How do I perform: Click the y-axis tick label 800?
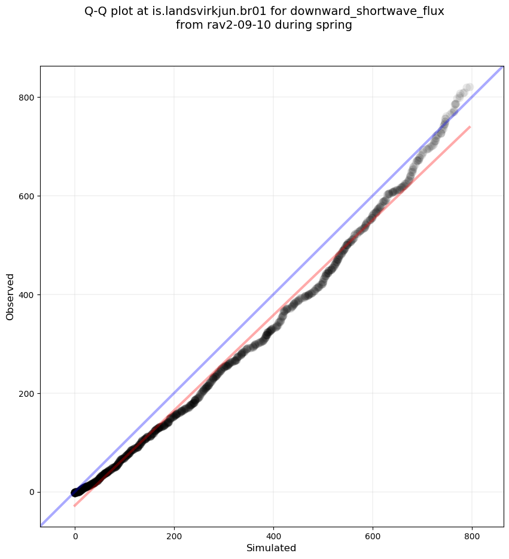(26, 97)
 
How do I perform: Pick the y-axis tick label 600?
(26, 196)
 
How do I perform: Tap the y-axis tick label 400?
(26, 294)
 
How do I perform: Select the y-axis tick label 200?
(26, 393)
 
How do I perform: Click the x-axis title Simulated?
(272, 548)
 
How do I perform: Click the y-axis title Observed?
(10, 296)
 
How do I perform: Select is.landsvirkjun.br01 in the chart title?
(209, 11)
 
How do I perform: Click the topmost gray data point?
(468, 88)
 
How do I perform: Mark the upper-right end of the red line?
(470, 127)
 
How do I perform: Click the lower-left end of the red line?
(75, 506)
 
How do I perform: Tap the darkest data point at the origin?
(75, 492)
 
